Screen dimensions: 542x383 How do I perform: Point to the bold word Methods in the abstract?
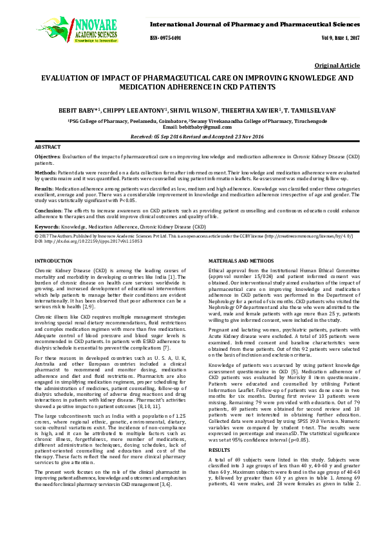point(45,173)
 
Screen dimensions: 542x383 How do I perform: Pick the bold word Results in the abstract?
point(44,189)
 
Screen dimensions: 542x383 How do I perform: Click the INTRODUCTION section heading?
point(53,260)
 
